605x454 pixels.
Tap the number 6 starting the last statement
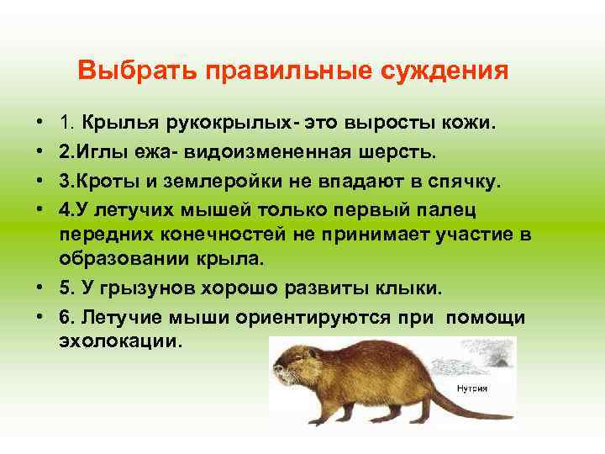point(65,318)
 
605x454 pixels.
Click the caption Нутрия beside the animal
point(472,388)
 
